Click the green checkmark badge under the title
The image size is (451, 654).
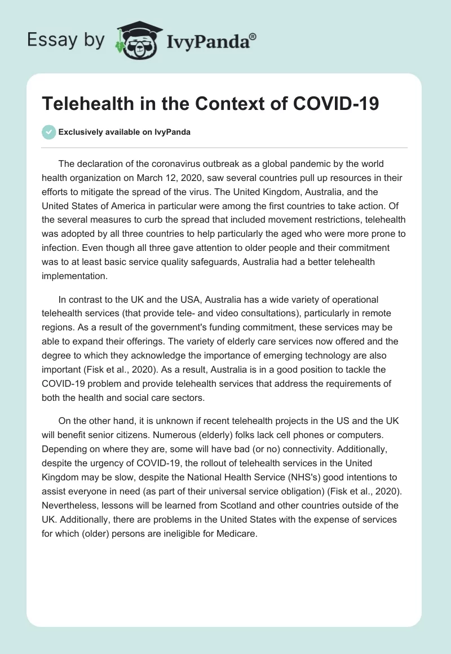49,132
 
